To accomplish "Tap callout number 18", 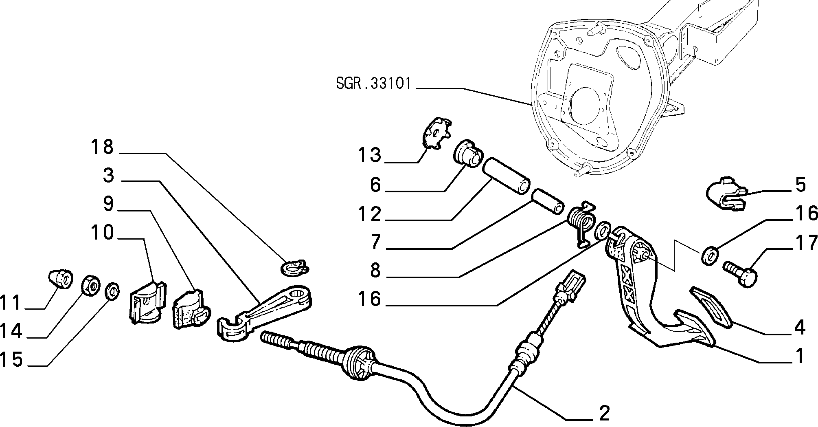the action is tap(102, 147).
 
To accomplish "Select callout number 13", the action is tap(369, 155).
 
